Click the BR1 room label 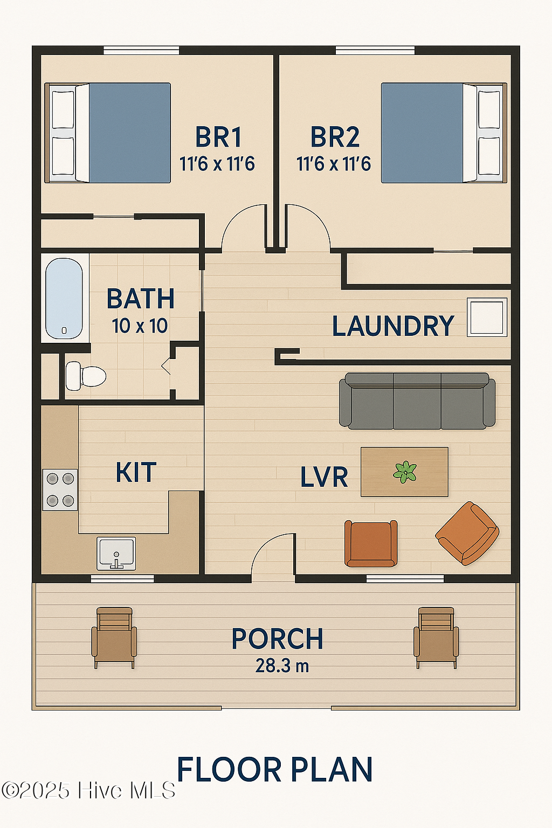218,137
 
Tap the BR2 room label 335,137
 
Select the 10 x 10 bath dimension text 140,326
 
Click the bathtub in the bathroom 64,298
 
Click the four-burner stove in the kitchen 60,489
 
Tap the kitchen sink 116,553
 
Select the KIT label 136,472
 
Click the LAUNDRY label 393,326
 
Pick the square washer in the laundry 487,318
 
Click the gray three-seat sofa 417,401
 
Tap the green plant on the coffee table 405,472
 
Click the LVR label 324,477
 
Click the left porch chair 114,637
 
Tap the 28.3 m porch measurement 282,666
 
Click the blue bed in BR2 422,133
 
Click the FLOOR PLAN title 275,769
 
